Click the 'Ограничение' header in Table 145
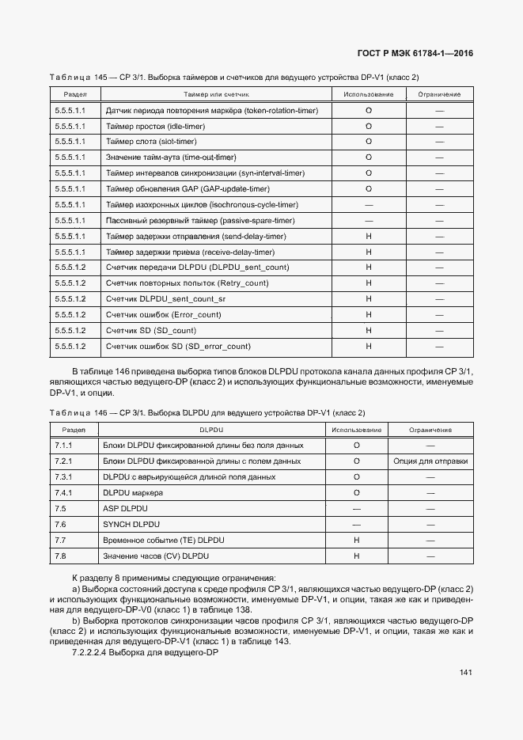coord(439,94)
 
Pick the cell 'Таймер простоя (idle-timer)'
coord(155,126)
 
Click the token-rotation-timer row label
coord(211,110)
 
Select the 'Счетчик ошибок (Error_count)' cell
coord(163,315)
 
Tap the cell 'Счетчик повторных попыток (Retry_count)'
coord(186,283)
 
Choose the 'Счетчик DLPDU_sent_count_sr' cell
coord(165,299)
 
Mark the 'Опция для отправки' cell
coord(430,461)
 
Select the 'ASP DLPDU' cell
coord(125,509)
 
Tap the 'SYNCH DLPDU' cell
coord(131,525)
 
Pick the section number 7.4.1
coord(64,493)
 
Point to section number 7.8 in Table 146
coord(60,556)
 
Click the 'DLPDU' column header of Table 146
coord(210,430)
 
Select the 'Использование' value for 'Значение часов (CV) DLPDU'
coord(357,556)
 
